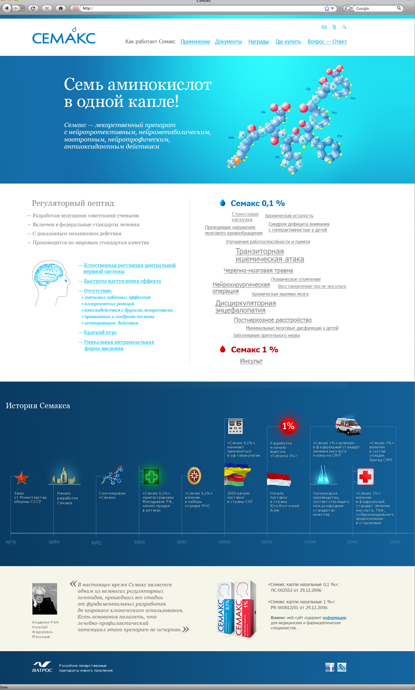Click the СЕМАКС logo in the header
[64, 37]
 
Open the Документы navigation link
[228, 42]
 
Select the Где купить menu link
[288, 42]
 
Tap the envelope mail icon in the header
[324, 27]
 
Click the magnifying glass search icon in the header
[344, 27]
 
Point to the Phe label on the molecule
[340, 136]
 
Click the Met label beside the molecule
[231, 138]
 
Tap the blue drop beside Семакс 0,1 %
[222, 203]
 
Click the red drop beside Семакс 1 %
[222, 349]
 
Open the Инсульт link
[251, 361]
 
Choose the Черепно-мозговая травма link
[258, 271]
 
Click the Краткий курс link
[100, 332]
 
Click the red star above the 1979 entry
[21, 478]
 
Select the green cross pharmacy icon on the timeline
[151, 476]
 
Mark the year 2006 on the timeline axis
[310, 542]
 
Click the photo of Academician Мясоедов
[45, 599]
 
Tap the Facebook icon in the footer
[330, 667]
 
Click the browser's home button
[61, 8]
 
